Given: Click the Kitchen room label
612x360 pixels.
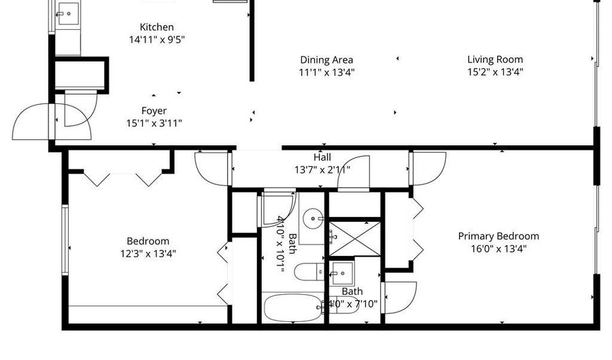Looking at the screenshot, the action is (x=156, y=27).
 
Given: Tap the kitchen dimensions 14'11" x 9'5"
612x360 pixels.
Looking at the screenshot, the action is (x=156, y=39).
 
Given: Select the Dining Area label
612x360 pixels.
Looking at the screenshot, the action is (x=326, y=60).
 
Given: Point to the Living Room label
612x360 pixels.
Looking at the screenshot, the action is (x=495, y=59).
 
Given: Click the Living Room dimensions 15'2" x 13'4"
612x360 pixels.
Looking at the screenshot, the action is (x=495, y=72).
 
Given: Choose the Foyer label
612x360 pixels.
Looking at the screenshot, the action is (x=154, y=111).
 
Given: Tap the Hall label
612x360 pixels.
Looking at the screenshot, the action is (x=322, y=157).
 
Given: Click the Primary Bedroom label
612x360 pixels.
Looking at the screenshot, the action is (x=498, y=236).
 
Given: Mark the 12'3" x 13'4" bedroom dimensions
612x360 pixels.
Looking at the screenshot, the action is (x=148, y=254).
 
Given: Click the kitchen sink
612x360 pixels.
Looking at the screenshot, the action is (x=67, y=14).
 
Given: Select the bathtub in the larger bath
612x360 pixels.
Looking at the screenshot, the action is (x=292, y=308).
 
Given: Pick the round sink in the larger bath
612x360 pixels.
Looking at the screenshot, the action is (x=313, y=218).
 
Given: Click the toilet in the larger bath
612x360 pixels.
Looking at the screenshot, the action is (x=309, y=272).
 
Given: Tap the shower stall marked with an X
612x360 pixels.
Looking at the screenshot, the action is (x=354, y=239).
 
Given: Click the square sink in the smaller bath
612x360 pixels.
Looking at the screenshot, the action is (x=342, y=273).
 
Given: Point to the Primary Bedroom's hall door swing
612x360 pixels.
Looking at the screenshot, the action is (x=428, y=169).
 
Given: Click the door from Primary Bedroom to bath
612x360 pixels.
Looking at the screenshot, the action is (x=399, y=297).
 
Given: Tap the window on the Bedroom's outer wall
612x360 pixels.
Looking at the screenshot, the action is (x=65, y=240).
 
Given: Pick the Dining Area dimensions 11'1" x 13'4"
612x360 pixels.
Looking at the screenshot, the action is (x=326, y=72).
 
